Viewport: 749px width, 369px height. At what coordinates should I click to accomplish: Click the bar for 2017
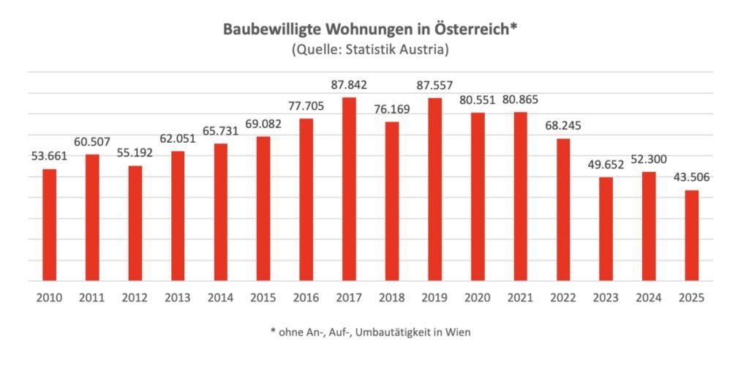[x=349, y=189]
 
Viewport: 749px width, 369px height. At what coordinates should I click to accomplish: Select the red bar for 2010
[x=49, y=225]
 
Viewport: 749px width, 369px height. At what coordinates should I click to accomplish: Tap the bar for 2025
[x=691, y=235]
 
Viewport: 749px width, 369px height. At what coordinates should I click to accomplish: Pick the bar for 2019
[x=434, y=189]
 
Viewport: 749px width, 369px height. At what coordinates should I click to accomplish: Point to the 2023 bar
[x=606, y=228]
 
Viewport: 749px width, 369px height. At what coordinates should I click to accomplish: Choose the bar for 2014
[x=220, y=212]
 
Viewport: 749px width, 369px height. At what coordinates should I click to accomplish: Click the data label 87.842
[x=349, y=85]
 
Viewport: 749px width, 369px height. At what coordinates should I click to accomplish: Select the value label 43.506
[x=691, y=177]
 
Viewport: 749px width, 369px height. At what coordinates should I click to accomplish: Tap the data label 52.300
[x=649, y=159]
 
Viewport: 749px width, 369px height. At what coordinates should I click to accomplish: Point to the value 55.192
[x=135, y=153]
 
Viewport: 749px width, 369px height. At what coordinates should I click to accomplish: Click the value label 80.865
[x=520, y=99]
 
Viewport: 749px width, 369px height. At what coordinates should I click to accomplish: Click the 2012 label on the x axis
[x=135, y=298]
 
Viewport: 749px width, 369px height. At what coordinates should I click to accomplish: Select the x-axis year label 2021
[x=520, y=298]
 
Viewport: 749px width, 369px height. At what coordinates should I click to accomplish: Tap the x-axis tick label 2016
[x=306, y=298]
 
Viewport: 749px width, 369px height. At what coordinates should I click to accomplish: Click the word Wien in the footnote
[x=459, y=332]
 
